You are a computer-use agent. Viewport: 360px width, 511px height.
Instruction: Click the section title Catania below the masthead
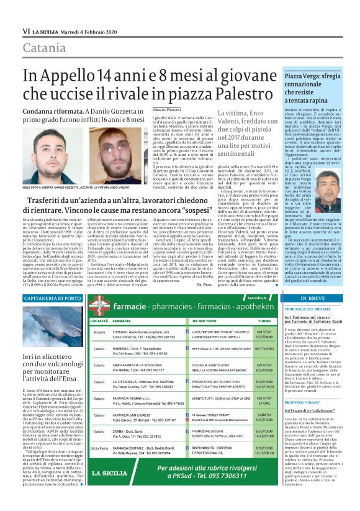[45, 48]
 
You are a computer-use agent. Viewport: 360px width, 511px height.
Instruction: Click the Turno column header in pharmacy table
[264, 320]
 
